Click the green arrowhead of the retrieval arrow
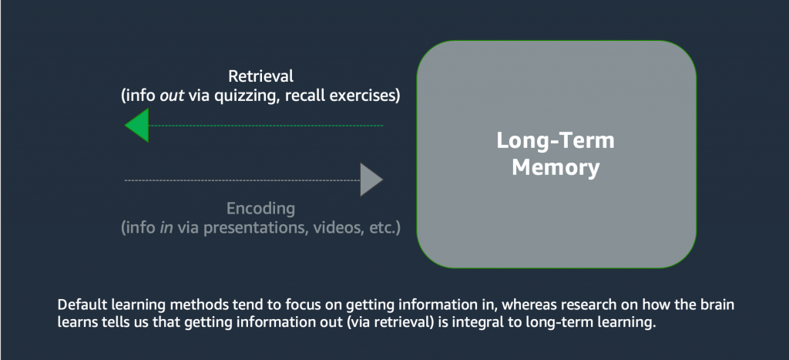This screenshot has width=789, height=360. (138, 126)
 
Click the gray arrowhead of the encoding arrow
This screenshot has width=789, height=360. (371, 180)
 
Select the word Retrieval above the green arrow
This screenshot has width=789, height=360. (261, 77)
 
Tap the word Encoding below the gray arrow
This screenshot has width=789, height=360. (260, 209)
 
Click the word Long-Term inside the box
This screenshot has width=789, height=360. (556, 142)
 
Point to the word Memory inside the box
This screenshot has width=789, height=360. (556, 167)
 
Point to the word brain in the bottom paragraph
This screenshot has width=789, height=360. (717, 305)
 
